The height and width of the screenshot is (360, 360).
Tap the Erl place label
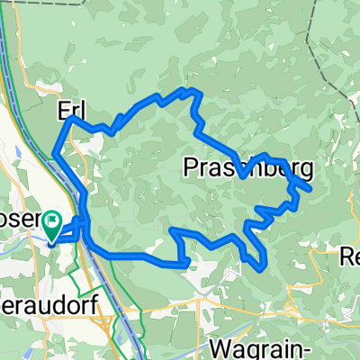pos(69,110)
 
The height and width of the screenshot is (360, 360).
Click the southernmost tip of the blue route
pos(261,268)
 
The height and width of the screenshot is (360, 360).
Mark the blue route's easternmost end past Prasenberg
pos(310,189)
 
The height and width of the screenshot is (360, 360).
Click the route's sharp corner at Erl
pos(71,118)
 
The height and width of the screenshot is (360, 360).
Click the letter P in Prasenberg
pos(190,166)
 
